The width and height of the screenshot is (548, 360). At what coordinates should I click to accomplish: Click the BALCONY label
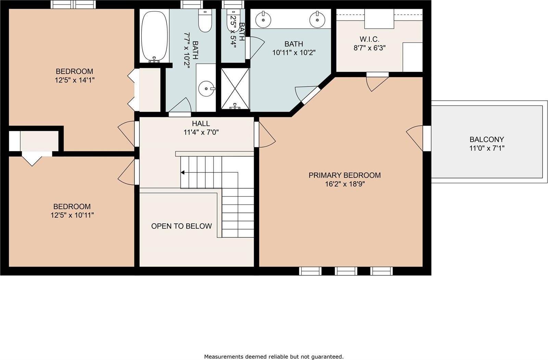point(487,139)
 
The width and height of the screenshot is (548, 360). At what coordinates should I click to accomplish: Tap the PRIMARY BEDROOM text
point(345,175)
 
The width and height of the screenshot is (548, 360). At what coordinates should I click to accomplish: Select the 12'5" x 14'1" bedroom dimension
point(74,80)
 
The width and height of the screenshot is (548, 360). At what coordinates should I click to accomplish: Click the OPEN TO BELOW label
point(182,226)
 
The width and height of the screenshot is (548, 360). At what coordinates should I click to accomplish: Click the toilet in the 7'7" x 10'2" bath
point(205,21)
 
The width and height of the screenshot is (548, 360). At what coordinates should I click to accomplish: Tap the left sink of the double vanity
point(264,19)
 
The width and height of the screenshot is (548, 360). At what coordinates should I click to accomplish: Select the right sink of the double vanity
point(317,19)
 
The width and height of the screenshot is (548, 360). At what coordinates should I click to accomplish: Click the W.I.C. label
point(369,39)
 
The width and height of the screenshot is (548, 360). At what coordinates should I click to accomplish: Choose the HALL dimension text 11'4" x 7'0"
point(201,132)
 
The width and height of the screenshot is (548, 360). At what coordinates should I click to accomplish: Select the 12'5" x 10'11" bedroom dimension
point(72,215)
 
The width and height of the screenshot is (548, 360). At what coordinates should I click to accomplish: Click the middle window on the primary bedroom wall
point(346,271)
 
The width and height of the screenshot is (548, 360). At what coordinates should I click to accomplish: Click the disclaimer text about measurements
point(274,357)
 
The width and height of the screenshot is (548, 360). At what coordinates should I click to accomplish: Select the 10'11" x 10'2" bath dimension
point(294,53)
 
